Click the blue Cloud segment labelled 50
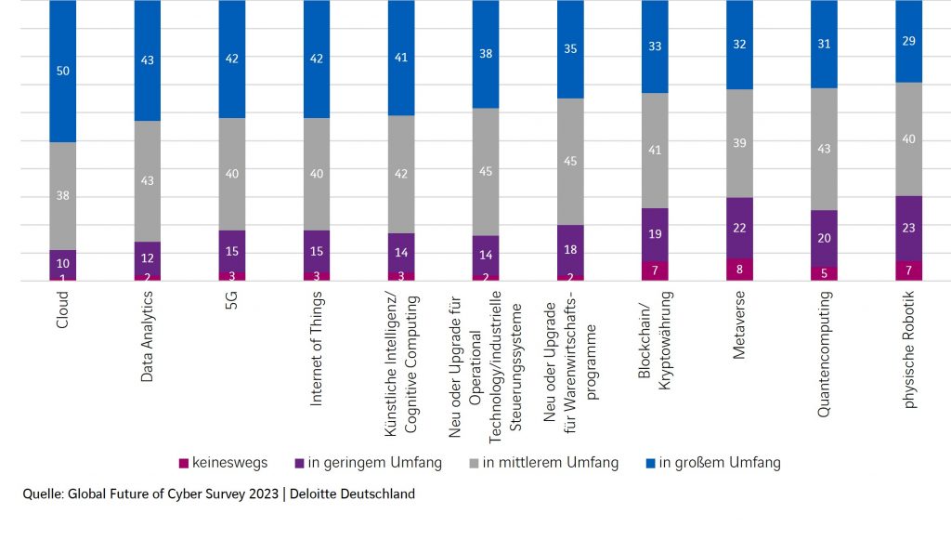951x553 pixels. pyautogui.click(x=63, y=71)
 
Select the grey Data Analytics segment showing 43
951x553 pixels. pyautogui.click(x=149, y=181)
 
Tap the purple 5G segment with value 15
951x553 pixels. pyautogui.click(x=233, y=251)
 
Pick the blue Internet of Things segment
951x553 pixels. pyautogui.click(x=318, y=59)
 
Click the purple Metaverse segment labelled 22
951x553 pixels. pyautogui.click(x=739, y=228)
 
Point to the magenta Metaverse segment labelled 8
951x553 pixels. pyautogui.click(x=739, y=270)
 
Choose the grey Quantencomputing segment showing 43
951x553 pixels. pyautogui.click(x=825, y=149)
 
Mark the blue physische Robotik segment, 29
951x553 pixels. pyautogui.click(x=909, y=41)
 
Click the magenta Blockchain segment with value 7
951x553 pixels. pyautogui.click(x=655, y=270)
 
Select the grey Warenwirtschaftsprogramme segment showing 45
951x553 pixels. pyautogui.click(x=570, y=162)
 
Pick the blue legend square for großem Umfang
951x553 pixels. pyautogui.click(x=652, y=463)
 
